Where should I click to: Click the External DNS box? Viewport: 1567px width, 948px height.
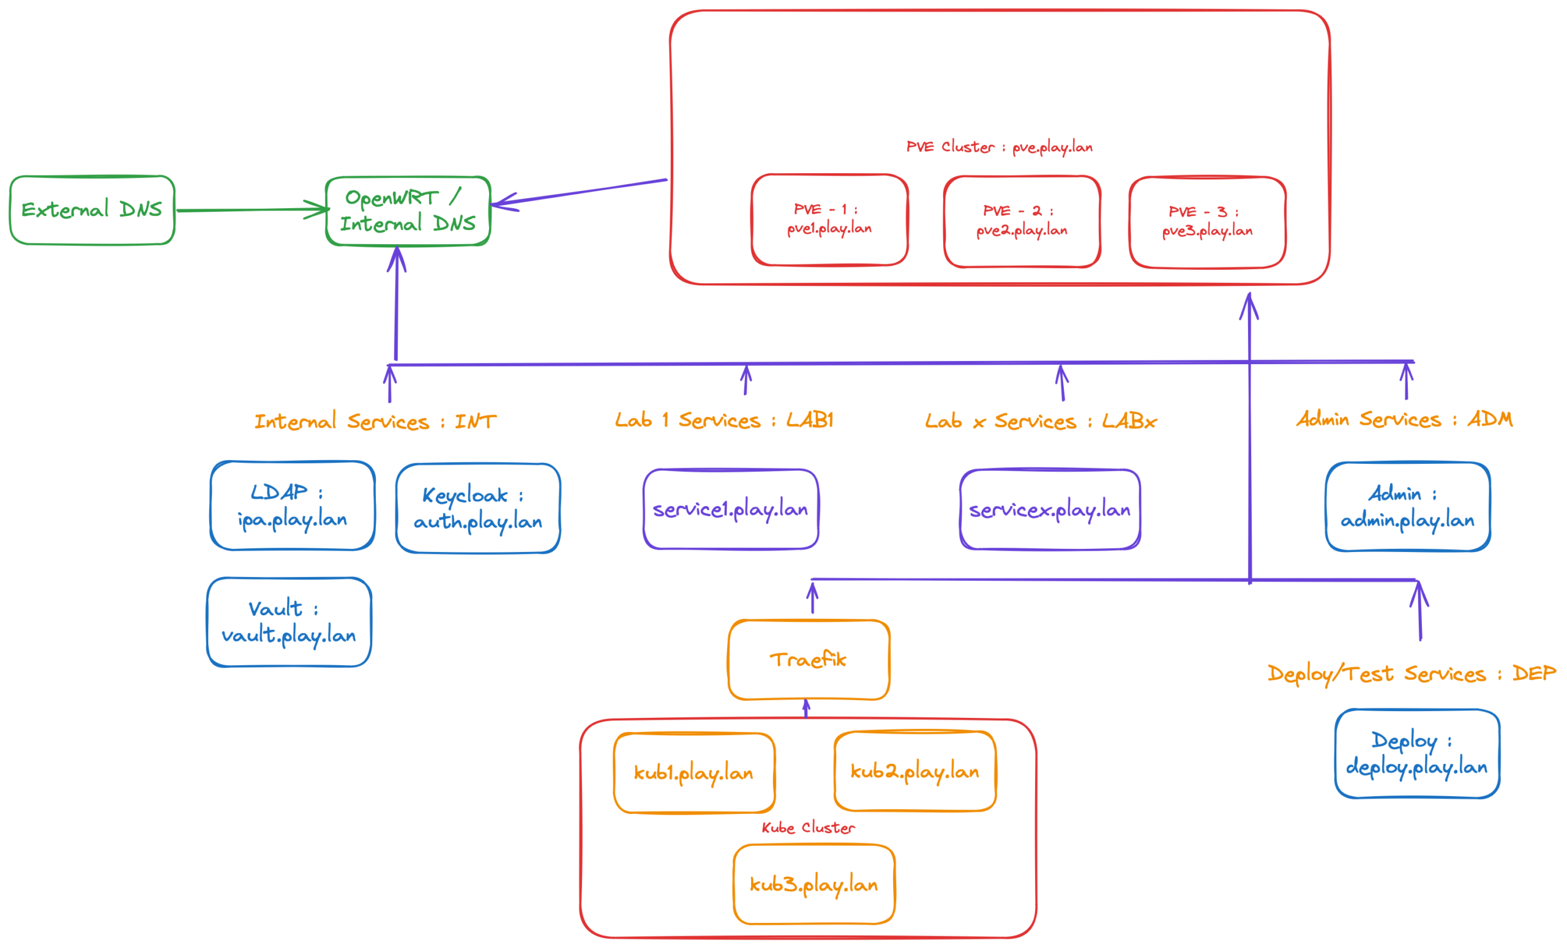point(92,210)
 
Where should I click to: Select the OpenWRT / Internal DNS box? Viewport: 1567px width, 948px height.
point(408,211)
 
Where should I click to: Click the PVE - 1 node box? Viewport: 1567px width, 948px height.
point(829,219)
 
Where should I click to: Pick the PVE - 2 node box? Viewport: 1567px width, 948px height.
point(1022,222)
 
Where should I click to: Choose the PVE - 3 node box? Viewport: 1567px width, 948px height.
point(1207,222)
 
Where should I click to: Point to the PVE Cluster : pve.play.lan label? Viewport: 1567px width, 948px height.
point(999,147)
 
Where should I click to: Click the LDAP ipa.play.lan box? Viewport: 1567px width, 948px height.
point(293,506)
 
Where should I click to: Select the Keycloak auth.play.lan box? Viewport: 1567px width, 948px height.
point(477,508)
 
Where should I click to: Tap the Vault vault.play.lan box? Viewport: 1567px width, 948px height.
point(289,622)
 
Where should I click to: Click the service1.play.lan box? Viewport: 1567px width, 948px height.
point(731,509)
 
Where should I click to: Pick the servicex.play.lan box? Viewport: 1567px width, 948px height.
point(1050,509)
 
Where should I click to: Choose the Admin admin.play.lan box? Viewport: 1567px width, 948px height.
point(1407,507)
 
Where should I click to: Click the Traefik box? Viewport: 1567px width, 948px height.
point(809,659)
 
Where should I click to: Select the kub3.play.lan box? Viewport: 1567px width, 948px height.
point(814,884)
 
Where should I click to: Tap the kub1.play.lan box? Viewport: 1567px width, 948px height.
point(694,772)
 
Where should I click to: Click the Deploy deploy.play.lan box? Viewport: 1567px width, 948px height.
point(1417,753)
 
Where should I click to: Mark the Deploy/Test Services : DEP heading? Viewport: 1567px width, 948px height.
point(1411,673)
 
